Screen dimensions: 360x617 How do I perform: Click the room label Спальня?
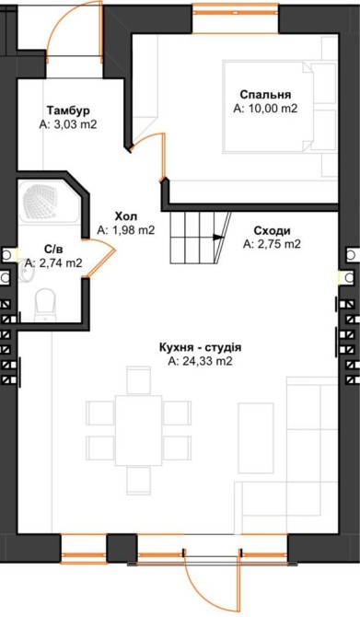pos(265,95)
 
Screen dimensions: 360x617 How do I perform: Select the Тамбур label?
pos(68,110)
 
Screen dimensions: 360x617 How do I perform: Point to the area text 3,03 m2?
pos(73,124)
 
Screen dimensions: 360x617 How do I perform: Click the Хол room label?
pos(126,216)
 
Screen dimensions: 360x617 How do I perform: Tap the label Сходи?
pos(272,230)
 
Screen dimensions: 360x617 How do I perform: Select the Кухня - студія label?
pos(201,348)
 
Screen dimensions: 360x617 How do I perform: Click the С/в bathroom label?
pos(53,249)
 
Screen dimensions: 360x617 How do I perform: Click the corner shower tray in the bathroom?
pos(52,202)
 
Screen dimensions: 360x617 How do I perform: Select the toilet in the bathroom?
pos(44,305)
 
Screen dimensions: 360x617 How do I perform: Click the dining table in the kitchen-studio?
pos(138,430)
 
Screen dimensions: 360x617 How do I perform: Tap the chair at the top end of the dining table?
pos(138,380)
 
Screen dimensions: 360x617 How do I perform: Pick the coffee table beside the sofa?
pos(256,438)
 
